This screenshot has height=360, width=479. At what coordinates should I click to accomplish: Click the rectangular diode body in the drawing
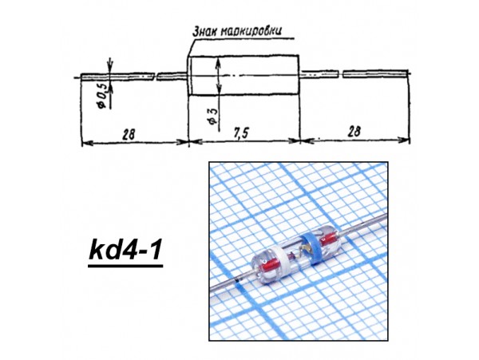click(243, 76)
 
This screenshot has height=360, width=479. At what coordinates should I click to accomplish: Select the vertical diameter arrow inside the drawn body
click(220, 77)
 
